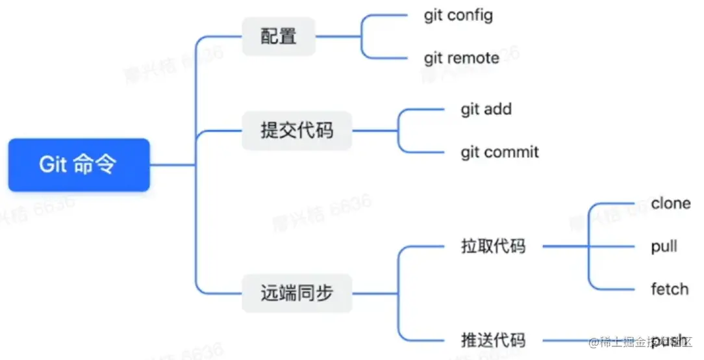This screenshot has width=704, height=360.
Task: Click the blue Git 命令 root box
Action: click(x=79, y=164)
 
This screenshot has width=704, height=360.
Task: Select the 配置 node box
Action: click(x=279, y=36)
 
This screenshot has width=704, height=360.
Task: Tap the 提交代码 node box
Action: click(x=297, y=131)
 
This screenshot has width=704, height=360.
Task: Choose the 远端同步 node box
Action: click(x=297, y=293)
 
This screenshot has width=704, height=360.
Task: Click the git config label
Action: click(x=458, y=15)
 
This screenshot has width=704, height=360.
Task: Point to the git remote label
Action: click(x=461, y=58)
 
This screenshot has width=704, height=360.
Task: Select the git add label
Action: click(x=486, y=109)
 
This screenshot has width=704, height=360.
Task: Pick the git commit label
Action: click(x=499, y=153)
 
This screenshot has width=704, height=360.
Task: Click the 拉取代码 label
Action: click(x=493, y=247)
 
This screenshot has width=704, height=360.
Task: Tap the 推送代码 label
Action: click(x=493, y=340)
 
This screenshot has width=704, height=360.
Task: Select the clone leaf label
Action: click(x=670, y=203)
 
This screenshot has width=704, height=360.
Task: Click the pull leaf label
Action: click(x=664, y=247)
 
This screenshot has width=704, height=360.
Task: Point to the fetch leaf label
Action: click(x=669, y=289)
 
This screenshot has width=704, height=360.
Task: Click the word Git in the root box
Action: click(x=53, y=164)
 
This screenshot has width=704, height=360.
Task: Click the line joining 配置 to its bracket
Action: click(x=338, y=36)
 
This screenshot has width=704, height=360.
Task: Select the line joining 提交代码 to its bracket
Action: click(x=375, y=131)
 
